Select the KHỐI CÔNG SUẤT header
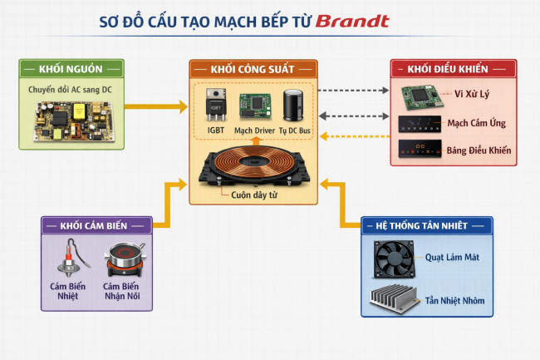(253, 69)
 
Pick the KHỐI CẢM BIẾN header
(97, 225)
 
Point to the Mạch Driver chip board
(254, 105)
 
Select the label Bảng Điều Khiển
(478, 150)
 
